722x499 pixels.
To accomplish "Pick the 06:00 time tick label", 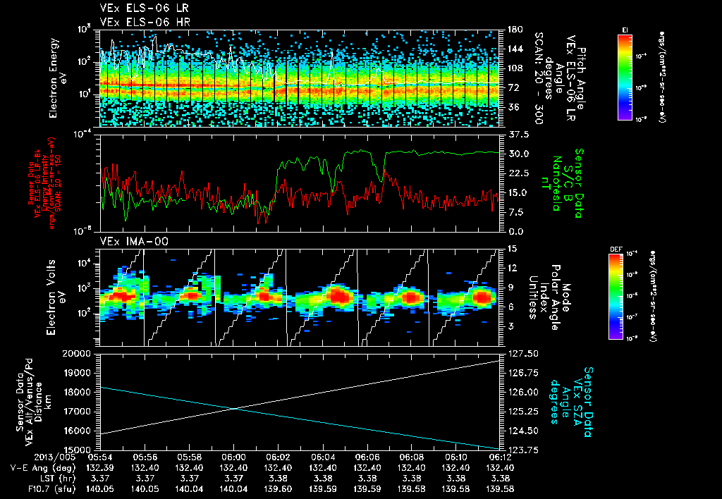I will [234, 457].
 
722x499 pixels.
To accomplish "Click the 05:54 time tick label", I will [101, 457].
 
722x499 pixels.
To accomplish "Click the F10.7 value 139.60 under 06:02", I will [279, 488].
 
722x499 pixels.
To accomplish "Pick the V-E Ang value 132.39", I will [101, 467].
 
